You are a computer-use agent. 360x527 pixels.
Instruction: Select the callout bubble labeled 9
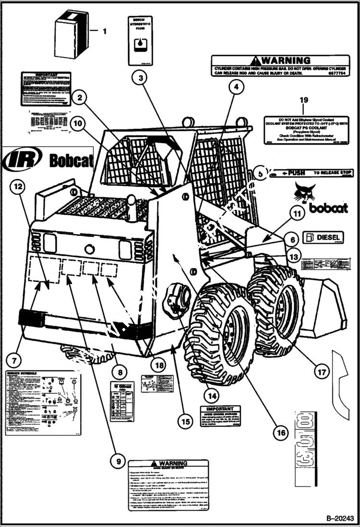[x=117, y=462]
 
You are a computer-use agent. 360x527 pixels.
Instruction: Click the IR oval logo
[x=22, y=159]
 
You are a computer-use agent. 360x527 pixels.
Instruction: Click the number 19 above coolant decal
[x=303, y=99]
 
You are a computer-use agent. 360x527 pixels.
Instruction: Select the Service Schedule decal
[x=41, y=403]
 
